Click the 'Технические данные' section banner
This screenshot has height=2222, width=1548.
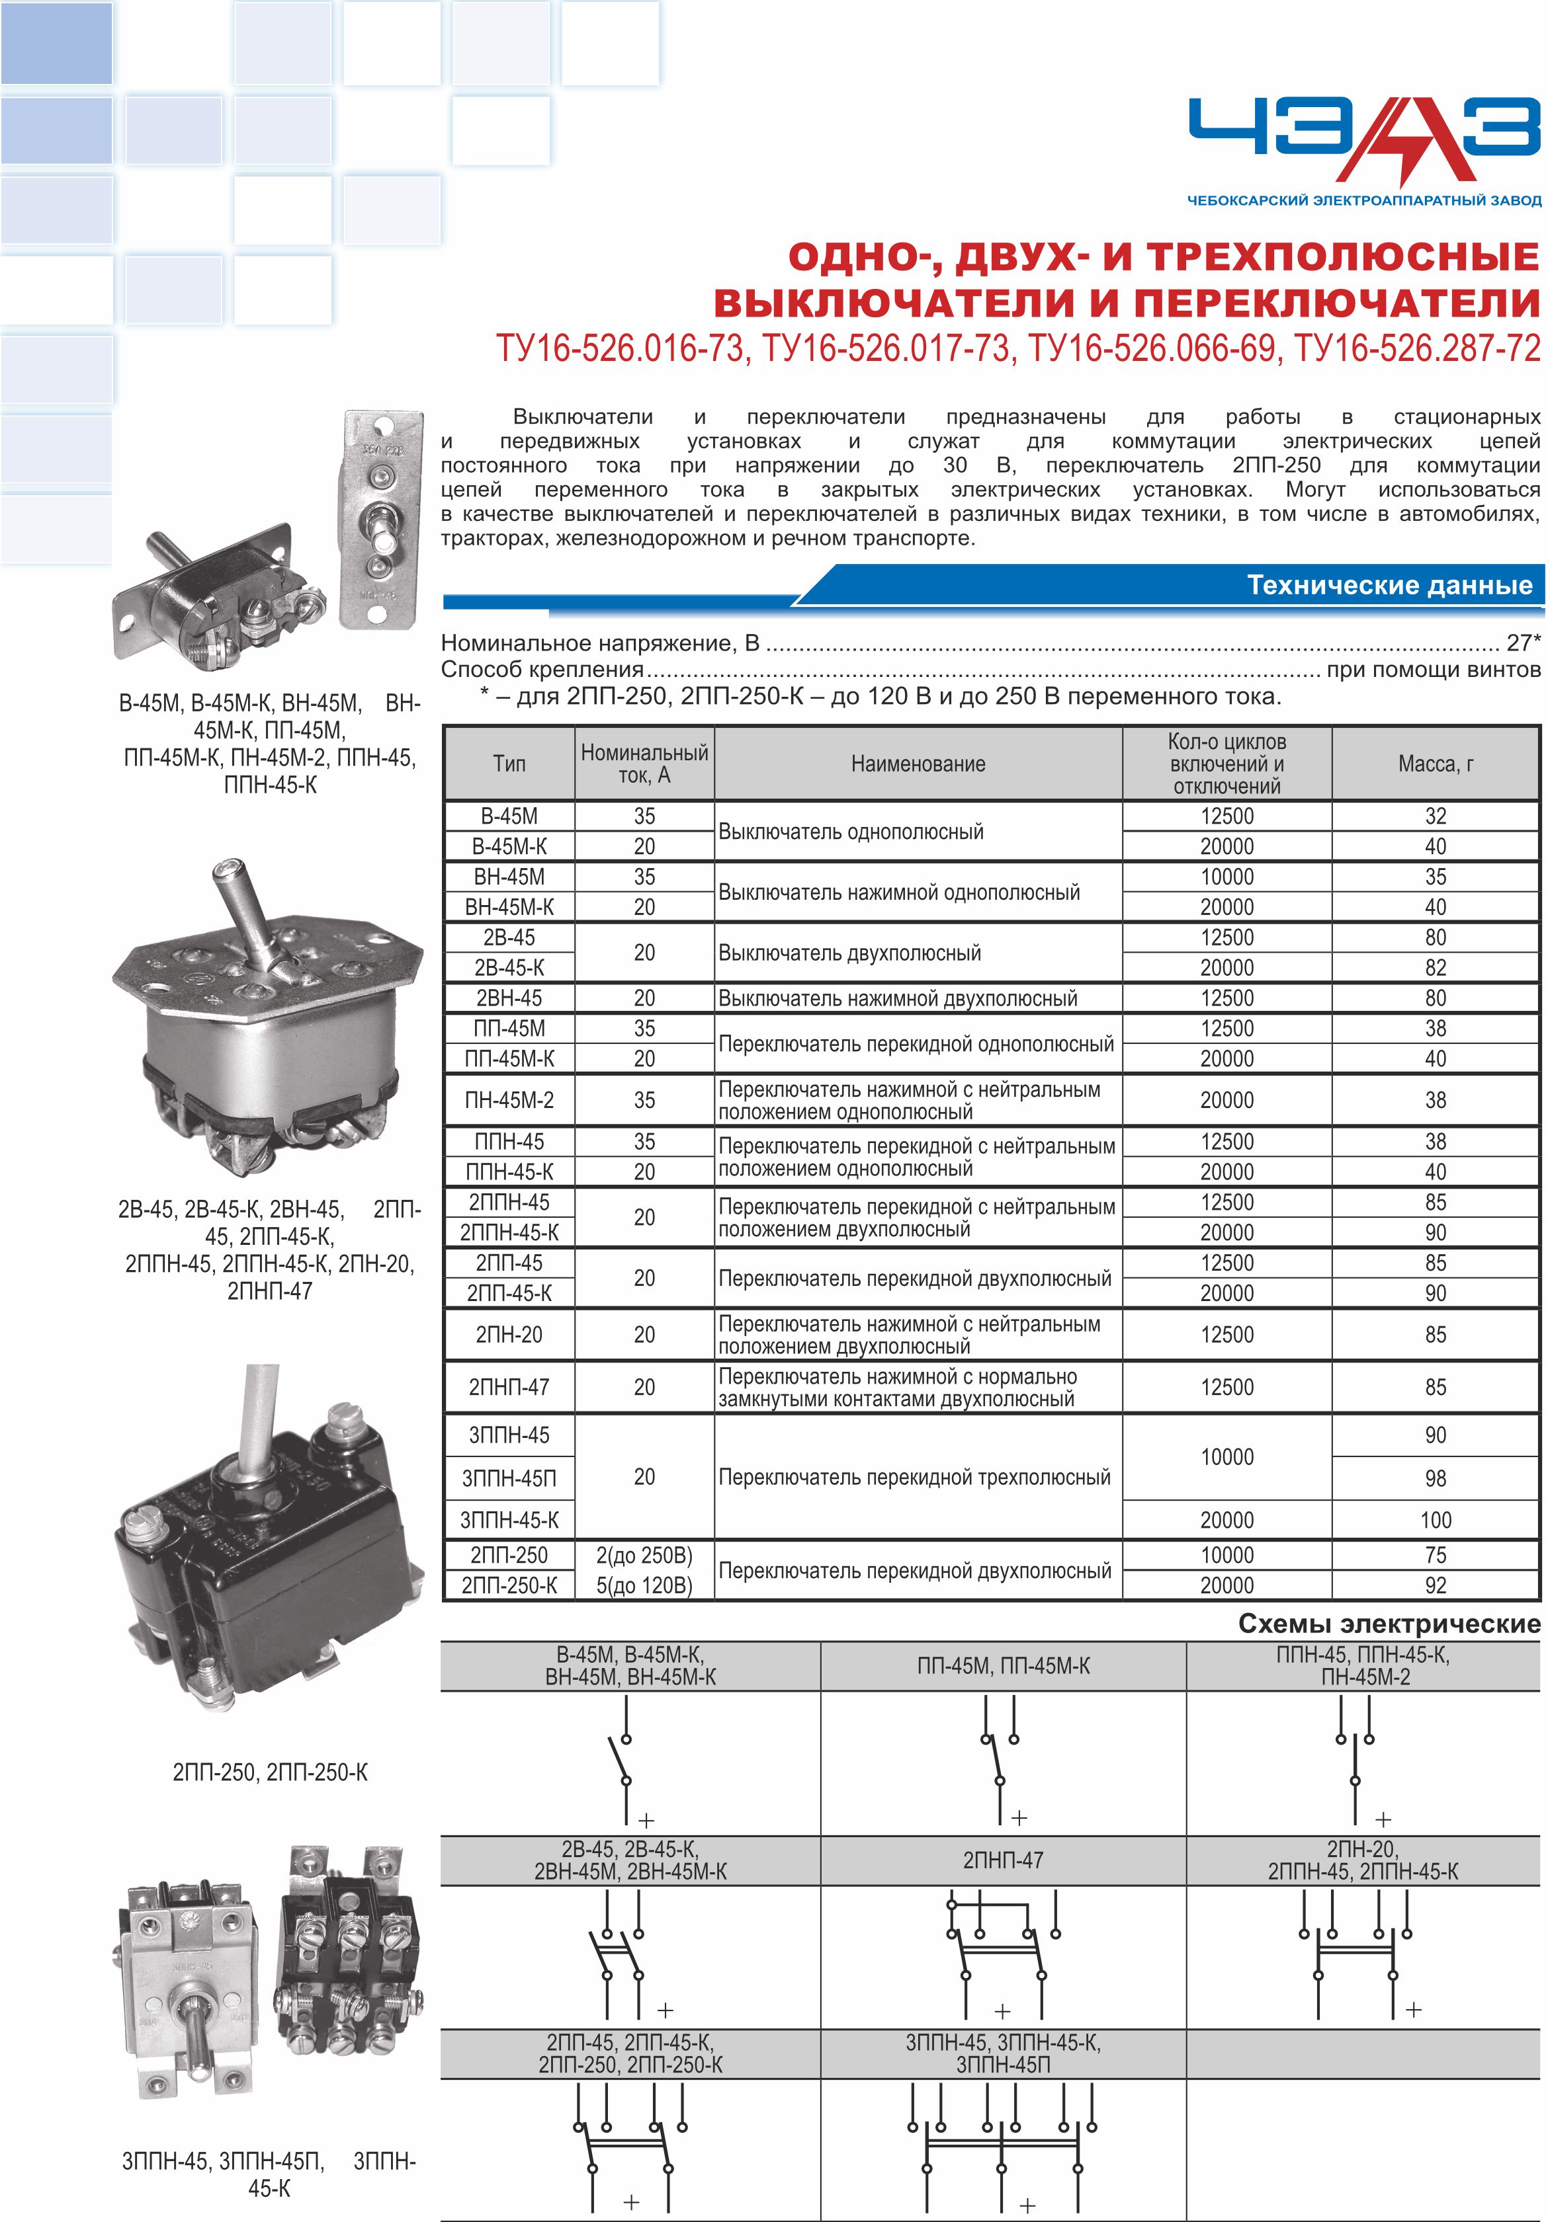coord(1389,586)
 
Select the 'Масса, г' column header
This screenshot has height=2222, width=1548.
coord(1435,764)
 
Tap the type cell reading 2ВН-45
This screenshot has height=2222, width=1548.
coord(509,998)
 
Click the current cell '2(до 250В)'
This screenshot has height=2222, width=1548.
coord(644,1555)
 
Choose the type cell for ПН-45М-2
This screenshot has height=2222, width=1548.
coord(509,1100)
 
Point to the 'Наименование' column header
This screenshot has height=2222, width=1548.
coord(918,764)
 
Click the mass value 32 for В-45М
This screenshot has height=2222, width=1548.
coord(1435,816)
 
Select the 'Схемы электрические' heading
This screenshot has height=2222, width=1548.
coord(1389,1624)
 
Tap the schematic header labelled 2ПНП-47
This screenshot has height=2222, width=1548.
coord(1003,1859)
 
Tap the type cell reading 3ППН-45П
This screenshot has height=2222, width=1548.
coord(509,1478)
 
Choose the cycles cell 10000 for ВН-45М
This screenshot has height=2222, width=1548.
coord(1226,877)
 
